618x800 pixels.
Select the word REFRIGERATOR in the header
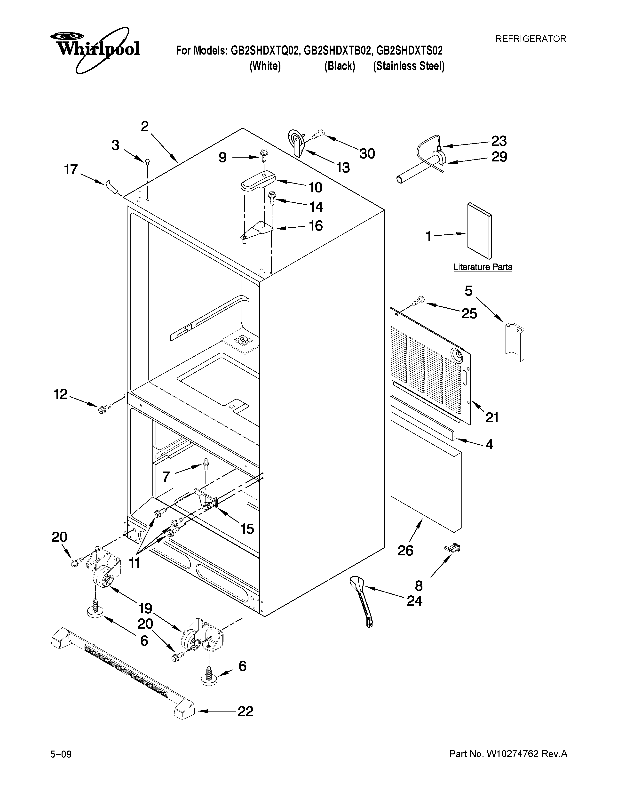pos(531,39)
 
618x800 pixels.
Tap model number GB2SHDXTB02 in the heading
pos(337,50)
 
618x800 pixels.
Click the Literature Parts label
pos(483,267)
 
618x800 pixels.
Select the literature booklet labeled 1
pos(479,231)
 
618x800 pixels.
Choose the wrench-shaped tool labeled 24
pos(362,601)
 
